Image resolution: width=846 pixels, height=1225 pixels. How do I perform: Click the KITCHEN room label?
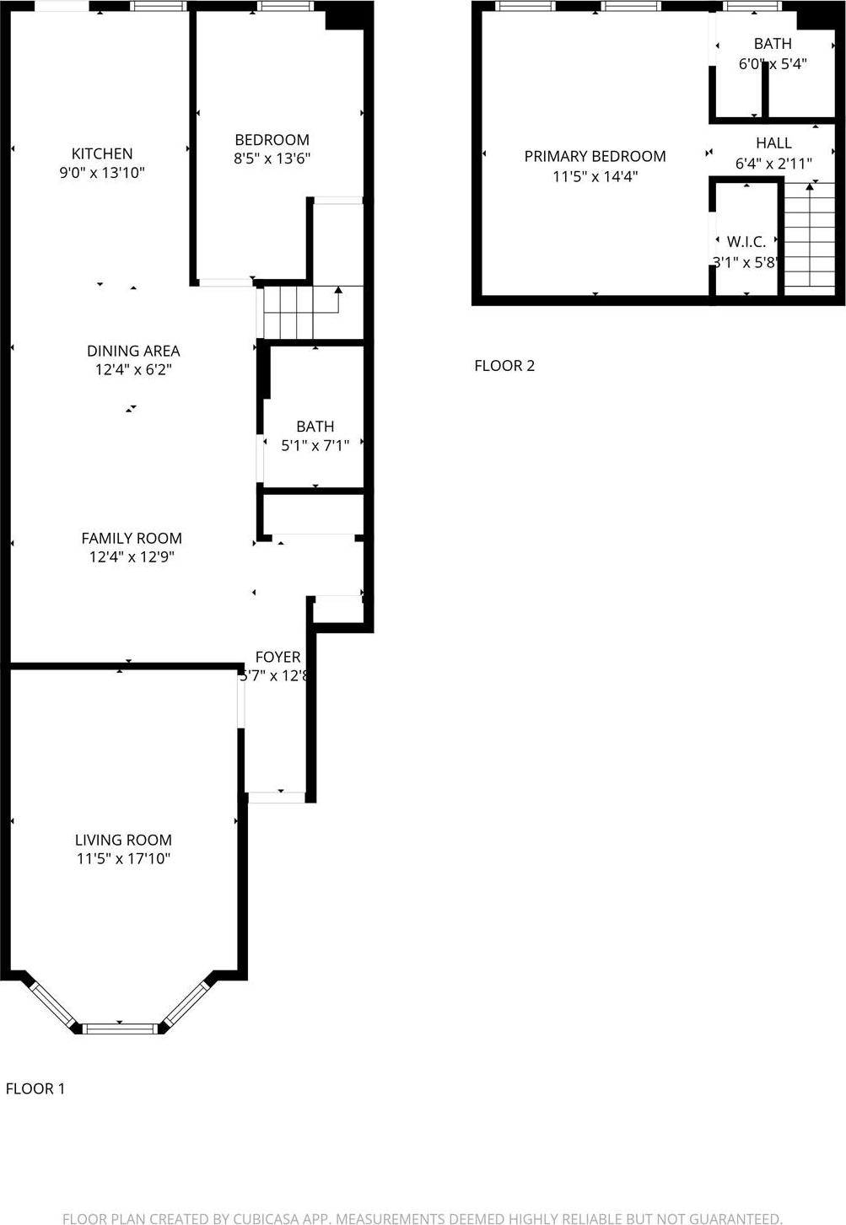pos(102,153)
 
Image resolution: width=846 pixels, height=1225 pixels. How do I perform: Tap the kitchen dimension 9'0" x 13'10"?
pos(102,173)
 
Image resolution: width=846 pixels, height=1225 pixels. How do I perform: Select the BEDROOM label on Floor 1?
pos(272,140)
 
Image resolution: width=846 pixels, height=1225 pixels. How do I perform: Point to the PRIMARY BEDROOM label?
pos(595,156)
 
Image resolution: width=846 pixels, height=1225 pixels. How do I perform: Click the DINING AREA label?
pos(133,351)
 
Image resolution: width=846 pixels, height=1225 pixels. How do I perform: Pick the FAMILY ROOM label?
pos(132,538)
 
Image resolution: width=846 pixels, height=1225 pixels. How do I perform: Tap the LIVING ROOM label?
pos(123,840)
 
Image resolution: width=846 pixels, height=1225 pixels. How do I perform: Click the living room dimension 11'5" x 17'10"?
pos(123,859)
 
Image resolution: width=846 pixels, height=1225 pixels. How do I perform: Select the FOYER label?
pos(278,657)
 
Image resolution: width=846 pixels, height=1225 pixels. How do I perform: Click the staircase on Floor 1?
pos(299,312)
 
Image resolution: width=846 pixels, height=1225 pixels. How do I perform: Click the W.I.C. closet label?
pos(746,242)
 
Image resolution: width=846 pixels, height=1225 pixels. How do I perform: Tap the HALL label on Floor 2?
pos(773,143)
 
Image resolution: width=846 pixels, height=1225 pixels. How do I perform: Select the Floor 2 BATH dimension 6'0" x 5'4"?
pos(773,63)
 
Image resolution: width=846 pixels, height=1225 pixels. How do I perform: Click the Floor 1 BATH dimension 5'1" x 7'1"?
pos(315,445)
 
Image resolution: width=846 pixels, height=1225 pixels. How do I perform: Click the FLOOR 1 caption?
pos(35,1088)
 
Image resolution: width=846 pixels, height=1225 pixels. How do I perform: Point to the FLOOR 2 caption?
pos(504,365)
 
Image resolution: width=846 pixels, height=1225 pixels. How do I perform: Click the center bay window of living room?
pos(119,1027)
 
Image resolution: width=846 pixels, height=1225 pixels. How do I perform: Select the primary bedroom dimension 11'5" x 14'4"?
pos(595,176)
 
